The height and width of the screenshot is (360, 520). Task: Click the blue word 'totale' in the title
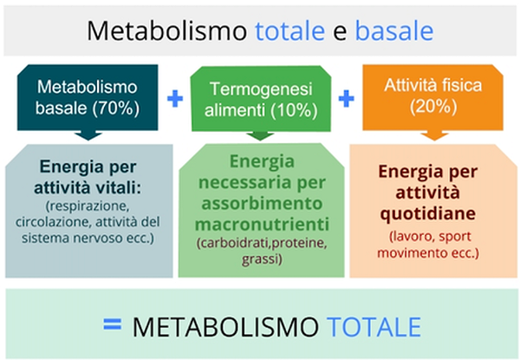pos(289,30)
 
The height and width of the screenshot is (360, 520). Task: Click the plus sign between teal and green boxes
pos(175,99)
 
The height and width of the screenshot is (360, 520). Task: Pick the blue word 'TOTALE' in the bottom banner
pos(376,327)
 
